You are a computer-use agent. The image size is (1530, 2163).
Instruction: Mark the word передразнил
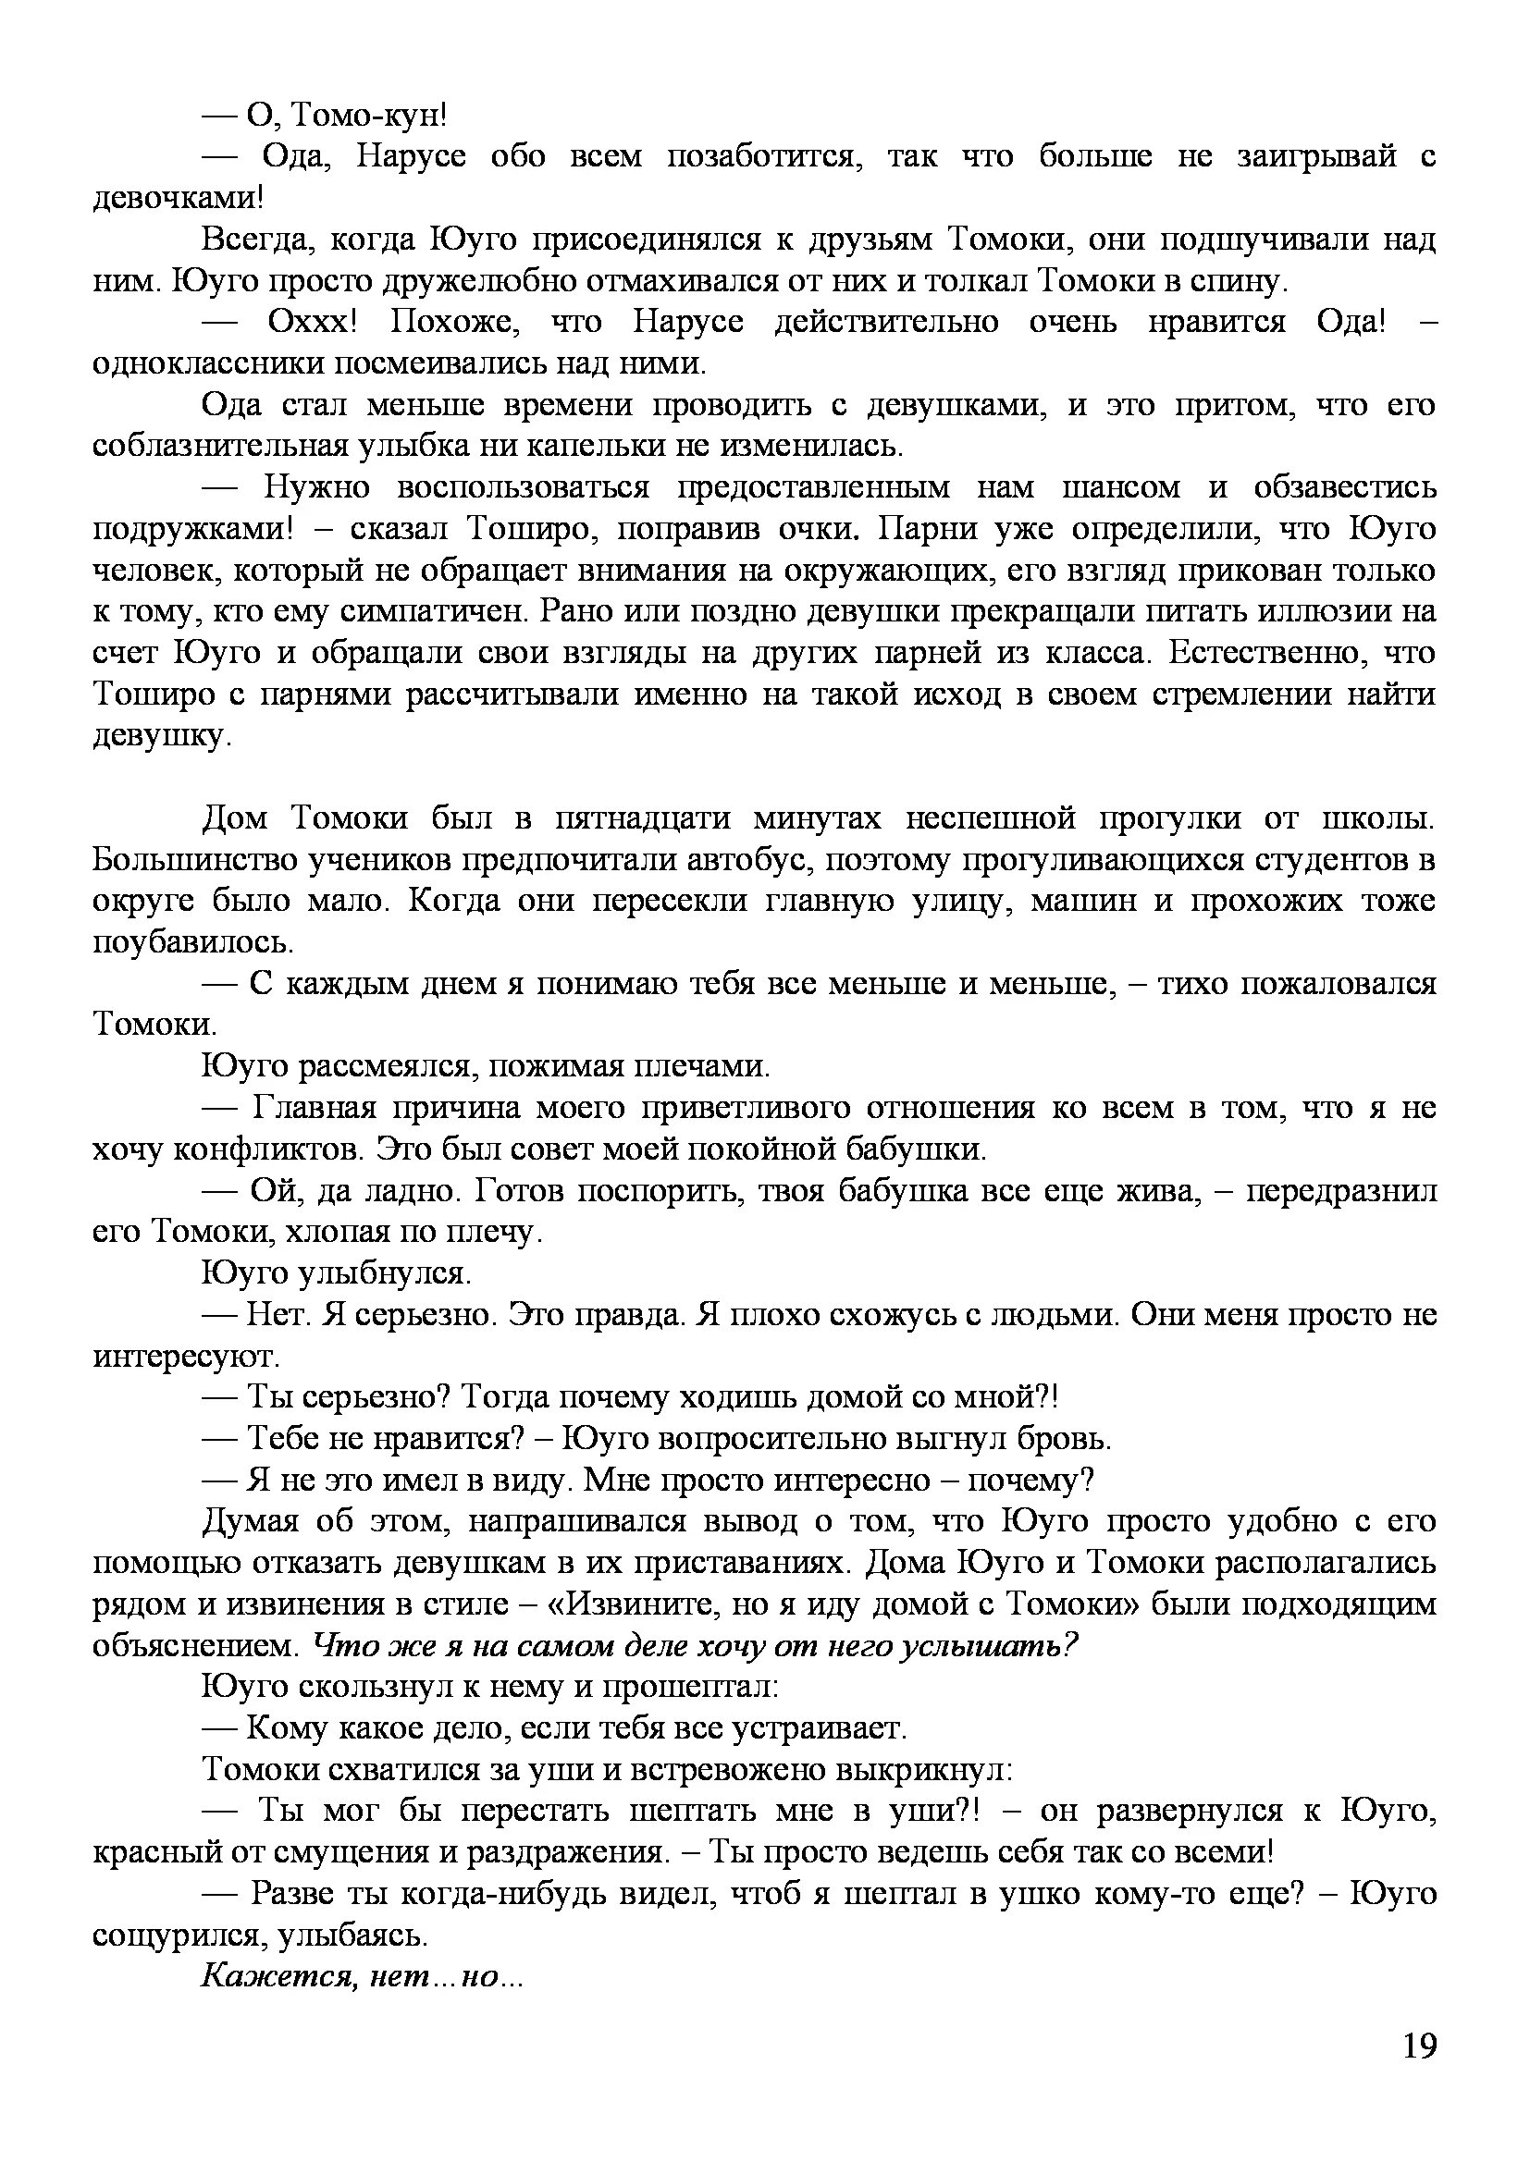(1341, 1191)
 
